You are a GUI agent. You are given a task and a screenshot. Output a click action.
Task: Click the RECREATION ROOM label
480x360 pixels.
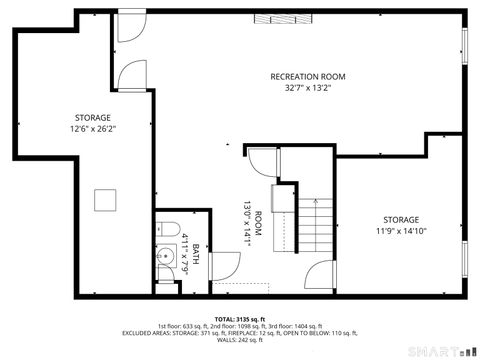tap(307, 77)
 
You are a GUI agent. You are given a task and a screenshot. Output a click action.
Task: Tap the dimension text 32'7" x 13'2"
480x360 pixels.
tap(307, 88)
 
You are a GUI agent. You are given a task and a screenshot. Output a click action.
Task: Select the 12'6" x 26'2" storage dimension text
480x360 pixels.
tap(92, 129)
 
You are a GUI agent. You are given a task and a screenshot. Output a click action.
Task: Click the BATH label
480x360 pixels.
tap(196, 253)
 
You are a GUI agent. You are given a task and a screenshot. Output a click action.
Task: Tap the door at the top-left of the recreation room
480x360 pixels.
tap(130, 26)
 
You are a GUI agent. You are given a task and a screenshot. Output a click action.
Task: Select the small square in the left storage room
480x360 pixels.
tap(105, 200)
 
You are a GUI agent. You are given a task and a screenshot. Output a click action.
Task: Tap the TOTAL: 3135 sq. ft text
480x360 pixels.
tap(240, 319)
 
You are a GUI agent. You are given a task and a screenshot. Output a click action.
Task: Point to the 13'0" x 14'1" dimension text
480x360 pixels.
tap(243, 222)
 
